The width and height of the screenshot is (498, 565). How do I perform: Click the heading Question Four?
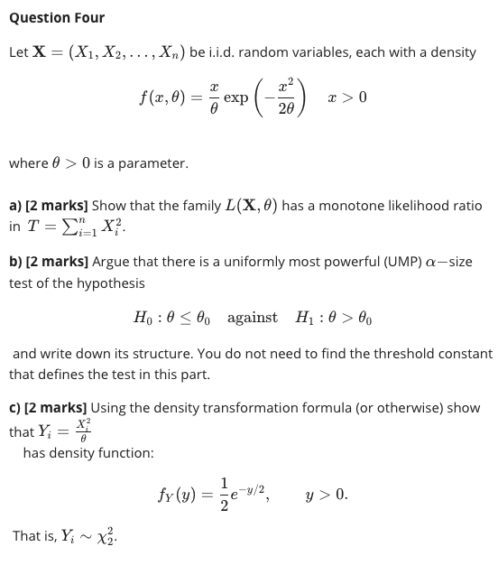click(57, 18)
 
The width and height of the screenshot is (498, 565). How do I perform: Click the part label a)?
click(15, 207)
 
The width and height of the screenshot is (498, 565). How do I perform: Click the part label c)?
click(15, 409)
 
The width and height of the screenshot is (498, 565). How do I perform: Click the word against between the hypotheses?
click(253, 318)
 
